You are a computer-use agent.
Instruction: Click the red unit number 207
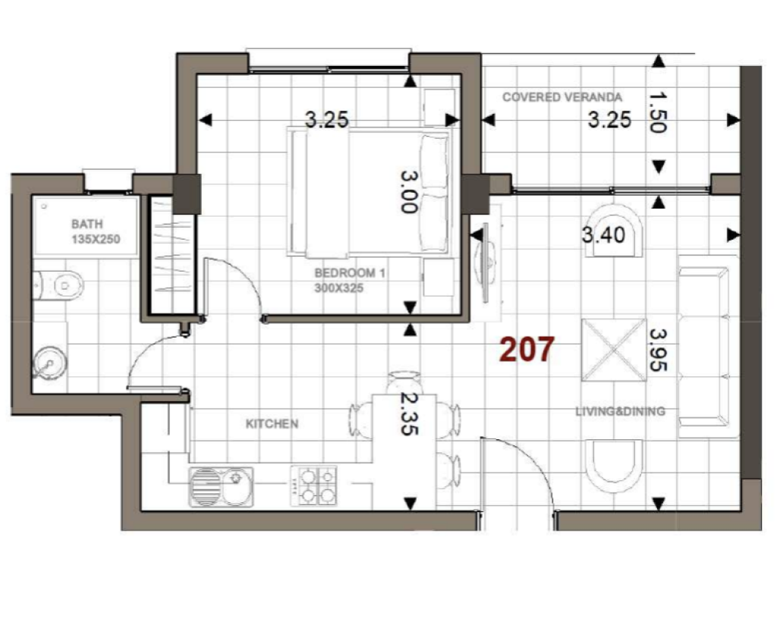coord(527,349)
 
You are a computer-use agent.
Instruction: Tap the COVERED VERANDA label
coord(562,97)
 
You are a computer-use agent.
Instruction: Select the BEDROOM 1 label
coord(350,273)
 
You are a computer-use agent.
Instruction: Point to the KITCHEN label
coord(272,424)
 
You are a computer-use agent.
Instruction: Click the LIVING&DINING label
coord(621,411)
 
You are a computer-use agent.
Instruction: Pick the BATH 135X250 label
coord(96,232)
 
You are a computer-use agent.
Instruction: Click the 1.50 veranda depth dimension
coord(658,112)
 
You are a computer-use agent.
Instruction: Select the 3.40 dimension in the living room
coord(603,234)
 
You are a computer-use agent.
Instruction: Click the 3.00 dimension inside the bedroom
coord(409,192)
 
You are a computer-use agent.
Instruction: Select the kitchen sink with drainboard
coord(221,487)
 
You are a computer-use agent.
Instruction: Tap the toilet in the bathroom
coord(58,285)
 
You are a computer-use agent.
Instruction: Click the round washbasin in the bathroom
coord(49,364)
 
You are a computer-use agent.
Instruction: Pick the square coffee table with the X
coord(614,350)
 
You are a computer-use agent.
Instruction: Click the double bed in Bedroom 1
coord(369,193)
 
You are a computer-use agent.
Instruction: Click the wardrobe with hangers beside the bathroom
coord(171,255)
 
